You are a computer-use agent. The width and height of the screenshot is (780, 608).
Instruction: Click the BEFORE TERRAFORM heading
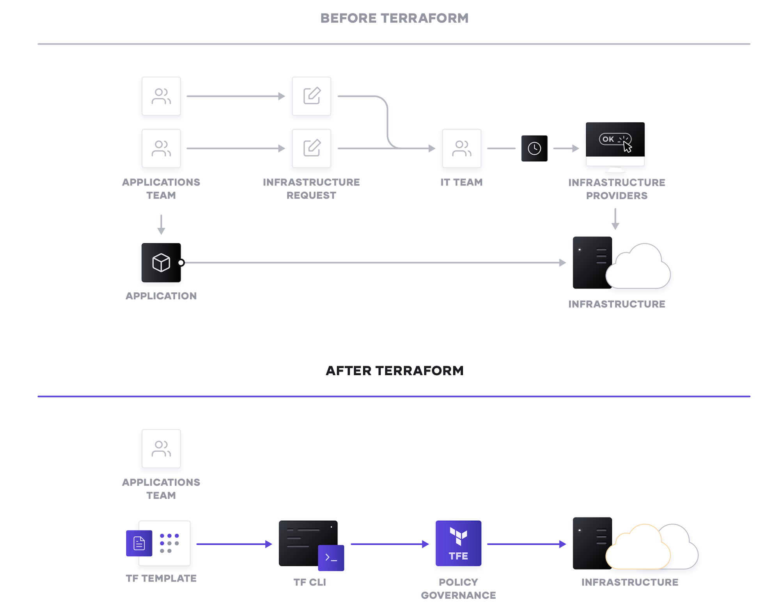[394, 18]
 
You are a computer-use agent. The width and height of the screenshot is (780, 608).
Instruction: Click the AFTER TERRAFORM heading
[394, 370]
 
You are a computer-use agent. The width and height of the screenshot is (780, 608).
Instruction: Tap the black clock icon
[534, 148]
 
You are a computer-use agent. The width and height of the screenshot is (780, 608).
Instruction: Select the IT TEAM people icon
[461, 148]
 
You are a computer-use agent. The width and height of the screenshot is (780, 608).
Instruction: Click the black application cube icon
[161, 263]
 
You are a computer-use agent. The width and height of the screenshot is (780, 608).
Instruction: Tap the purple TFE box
[458, 543]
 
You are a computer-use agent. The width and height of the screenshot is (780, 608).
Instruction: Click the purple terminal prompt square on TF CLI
[331, 557]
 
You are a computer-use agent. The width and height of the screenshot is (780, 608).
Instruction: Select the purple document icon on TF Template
[139, 543]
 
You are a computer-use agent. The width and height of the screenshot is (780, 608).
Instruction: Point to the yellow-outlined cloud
[638, 550]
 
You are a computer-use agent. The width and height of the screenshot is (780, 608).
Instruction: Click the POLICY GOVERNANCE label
[458, 589]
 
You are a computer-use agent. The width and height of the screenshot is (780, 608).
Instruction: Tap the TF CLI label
[309, 582]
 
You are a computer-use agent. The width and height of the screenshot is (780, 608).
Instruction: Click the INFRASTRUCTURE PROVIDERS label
[616, 189]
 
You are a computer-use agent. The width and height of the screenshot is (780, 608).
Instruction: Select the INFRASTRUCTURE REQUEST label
[311, 189]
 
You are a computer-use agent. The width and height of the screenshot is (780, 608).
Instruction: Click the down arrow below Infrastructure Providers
[615, 219]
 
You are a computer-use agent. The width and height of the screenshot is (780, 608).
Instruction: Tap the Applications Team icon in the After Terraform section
[161, 449]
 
